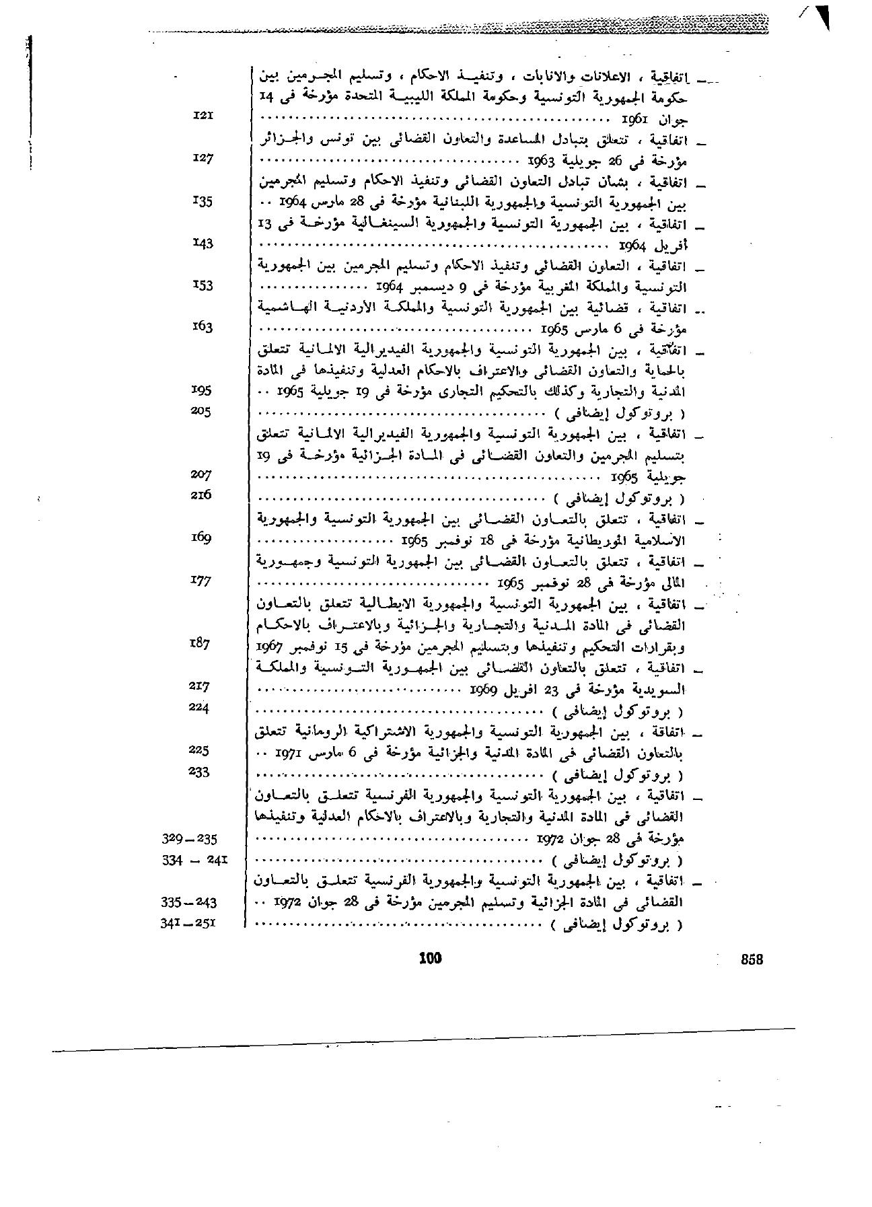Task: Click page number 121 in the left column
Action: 203,116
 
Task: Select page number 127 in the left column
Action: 202,158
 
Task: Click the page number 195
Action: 202,390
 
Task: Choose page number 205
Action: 201,411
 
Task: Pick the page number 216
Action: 201,495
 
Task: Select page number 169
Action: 201,538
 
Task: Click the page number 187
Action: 201,643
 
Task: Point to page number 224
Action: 200,707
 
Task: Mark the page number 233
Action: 200,771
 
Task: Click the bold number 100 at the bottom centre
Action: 429,959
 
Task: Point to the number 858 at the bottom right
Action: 752,961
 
